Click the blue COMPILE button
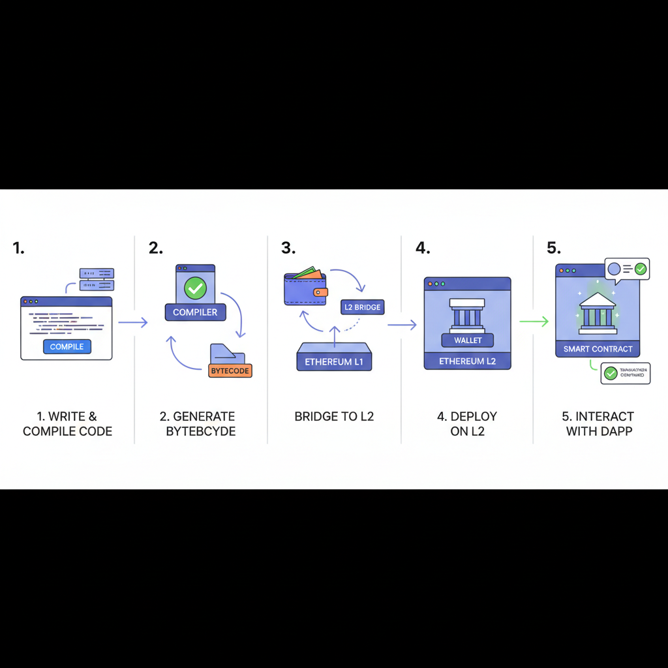click(x=67, y=346)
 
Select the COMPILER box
click(x=195, y=312)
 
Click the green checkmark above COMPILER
click(x=195, y=288)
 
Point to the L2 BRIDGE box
click(x=361, y=307)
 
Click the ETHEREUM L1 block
click(x=334, y=361)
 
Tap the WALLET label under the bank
click(x=467, y=340)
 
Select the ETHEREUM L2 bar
click(x=467, y=361)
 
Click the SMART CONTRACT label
click(x=598, y=349)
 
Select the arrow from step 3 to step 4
click(x=401, y=324)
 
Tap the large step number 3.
click(x=288, y=248)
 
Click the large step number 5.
click(x=553, y=248)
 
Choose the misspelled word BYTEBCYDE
click(x=197, y=431)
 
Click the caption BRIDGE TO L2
click(x=334, y=416)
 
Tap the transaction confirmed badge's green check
click(x=611, y=373)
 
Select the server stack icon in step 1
click(x=96, y=279)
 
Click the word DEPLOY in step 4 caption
click(x=474, y=416)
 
